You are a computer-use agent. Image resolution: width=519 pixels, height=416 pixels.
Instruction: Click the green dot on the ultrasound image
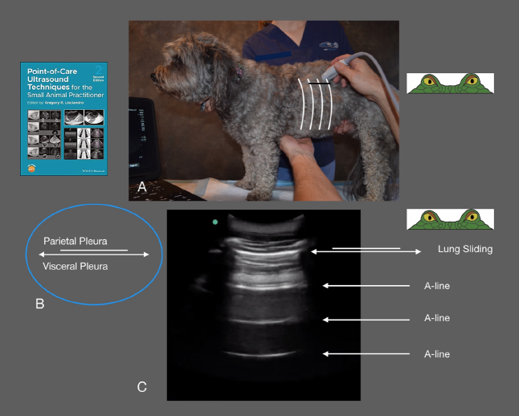pos(215,222)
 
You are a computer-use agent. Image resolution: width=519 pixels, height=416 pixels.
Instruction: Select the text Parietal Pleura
pos(76,241)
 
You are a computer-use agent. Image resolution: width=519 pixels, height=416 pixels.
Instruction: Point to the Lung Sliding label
pos(465,250)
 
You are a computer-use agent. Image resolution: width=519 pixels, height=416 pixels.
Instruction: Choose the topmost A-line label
pos(436,285)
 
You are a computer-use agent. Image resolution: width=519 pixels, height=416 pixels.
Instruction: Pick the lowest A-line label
pos(436,353)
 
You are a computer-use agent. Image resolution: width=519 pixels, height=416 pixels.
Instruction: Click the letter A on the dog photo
pos(141,186)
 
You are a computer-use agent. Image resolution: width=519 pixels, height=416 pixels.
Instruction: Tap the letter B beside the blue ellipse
pos(39,304)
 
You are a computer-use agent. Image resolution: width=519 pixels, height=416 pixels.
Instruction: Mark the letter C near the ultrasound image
pos(141,387)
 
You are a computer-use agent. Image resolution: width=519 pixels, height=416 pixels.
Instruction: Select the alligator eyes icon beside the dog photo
pos(449,83)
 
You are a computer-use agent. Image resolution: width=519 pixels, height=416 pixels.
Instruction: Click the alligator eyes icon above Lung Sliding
pos(449,218)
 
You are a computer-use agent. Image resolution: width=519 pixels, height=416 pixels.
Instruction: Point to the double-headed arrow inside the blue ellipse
pos(94,255)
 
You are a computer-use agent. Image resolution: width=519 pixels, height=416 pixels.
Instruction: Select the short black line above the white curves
pos(319,82)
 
